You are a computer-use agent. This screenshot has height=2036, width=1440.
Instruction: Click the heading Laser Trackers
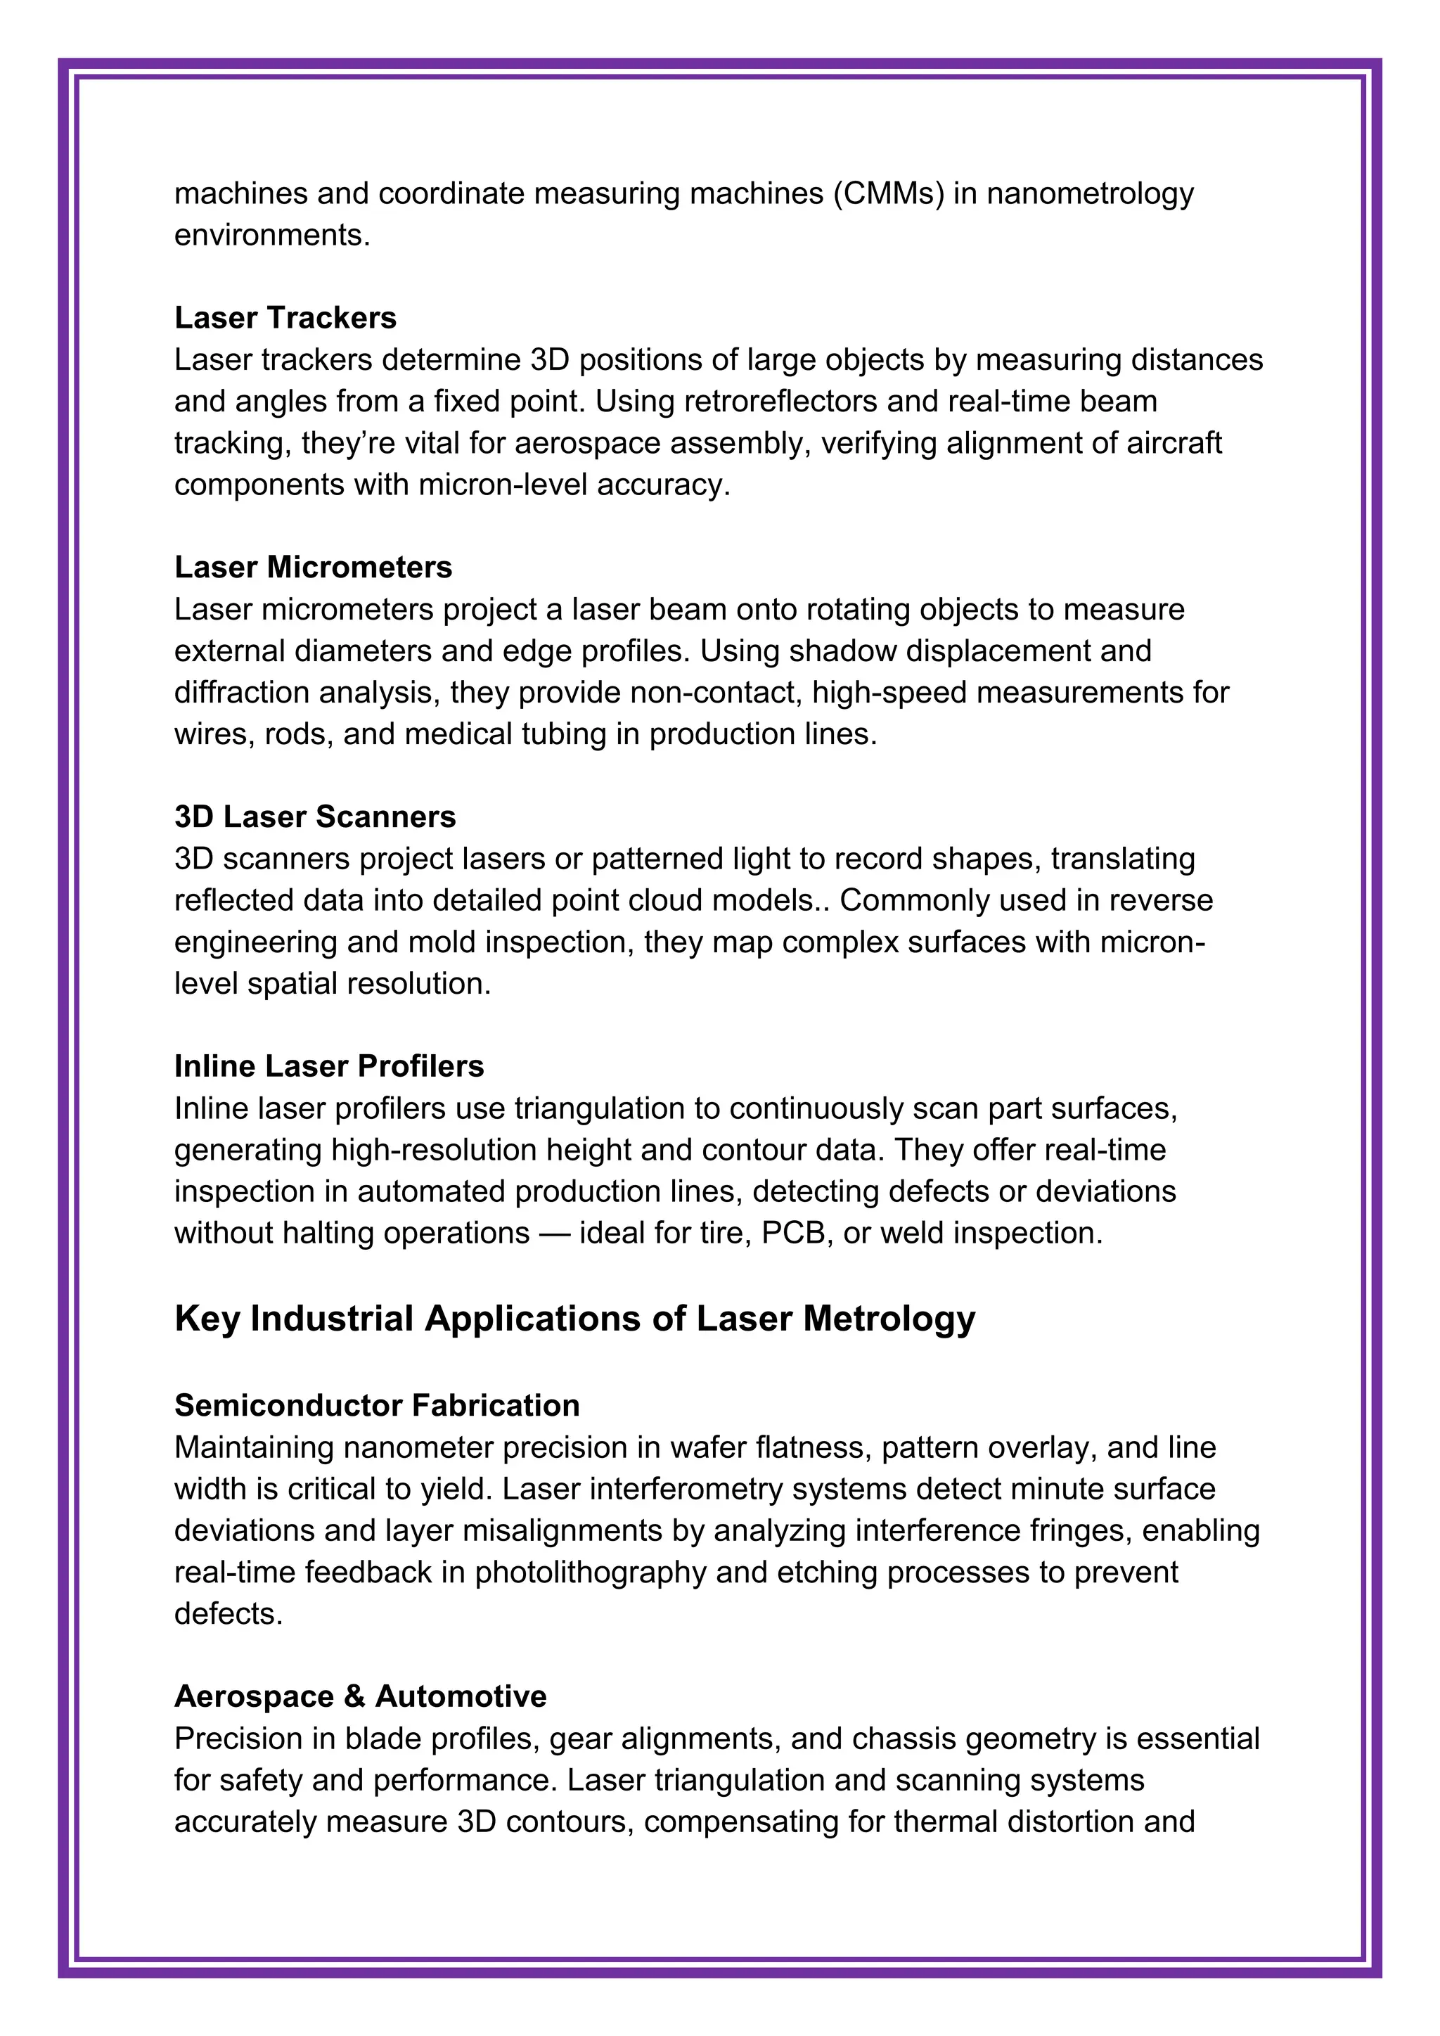coord(285,317)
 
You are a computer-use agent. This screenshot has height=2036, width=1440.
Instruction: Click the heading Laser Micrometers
coord(313,567)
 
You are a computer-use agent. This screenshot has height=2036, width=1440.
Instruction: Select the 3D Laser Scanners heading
coord(315,816)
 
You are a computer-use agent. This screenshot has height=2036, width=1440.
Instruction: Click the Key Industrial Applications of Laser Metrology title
coord(574,1319)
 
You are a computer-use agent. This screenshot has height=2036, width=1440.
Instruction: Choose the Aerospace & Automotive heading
coord(360,1696)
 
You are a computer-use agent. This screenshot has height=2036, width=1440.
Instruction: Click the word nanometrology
coord(1090,193)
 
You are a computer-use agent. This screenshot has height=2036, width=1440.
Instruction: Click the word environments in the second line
coord(271,235)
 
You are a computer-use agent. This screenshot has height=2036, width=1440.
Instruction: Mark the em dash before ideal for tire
coord(553,1234)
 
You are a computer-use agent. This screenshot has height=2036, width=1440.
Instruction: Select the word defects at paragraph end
coord(228,1613)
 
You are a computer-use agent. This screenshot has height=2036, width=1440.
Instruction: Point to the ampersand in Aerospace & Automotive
coord(354,1696)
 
